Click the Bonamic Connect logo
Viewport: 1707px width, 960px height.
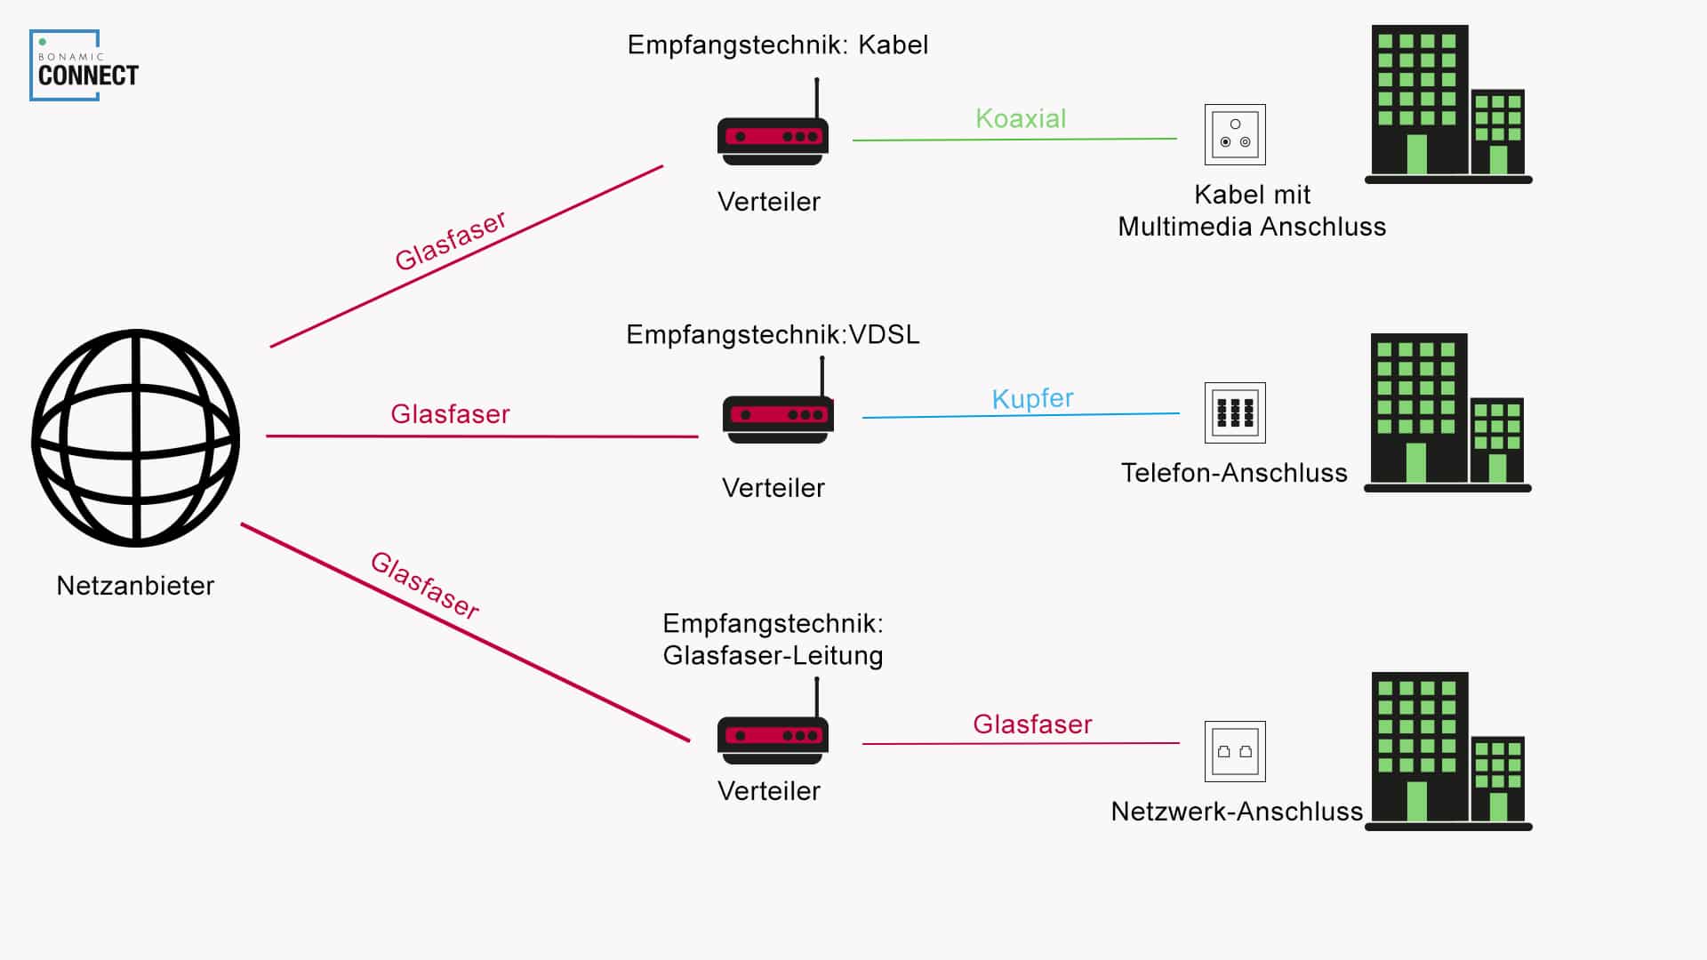coord(85,67)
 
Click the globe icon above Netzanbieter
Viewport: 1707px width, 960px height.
coord(136,438)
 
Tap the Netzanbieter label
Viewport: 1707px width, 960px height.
coord(135,586)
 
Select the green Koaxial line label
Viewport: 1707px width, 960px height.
coord(1020,118)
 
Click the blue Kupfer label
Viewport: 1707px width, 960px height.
coord(1032,398)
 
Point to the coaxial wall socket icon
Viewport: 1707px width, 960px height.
coord(1235,135)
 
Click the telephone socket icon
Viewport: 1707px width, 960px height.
coord(1235,413)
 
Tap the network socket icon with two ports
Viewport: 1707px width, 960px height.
coord(1235,752)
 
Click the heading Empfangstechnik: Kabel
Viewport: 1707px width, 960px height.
coord(777,45)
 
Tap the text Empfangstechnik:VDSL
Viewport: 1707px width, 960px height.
coord(773,335)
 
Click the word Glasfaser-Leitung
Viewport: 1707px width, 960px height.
coord(773,656)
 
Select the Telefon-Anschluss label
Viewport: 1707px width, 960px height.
coord(1234,473)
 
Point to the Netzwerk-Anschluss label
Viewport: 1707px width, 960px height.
coord(1237,812)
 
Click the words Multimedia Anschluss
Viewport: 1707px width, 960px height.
coord(1252,228)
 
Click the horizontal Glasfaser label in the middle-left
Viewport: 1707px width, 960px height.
coord(450,414)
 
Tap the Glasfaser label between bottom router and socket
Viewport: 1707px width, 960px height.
coord(1032,724)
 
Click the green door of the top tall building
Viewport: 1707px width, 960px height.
coord(1417,155)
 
